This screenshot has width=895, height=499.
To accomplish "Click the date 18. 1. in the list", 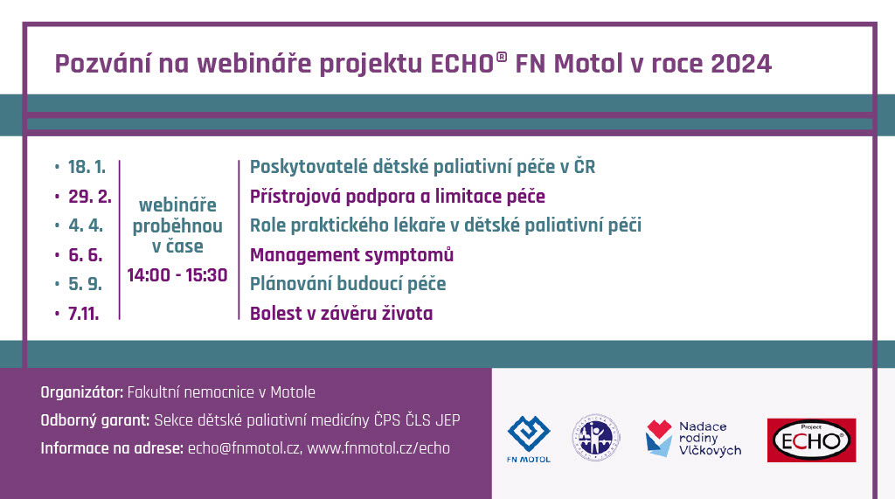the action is coord(87,167).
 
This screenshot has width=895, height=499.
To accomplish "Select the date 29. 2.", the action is coord(90,197).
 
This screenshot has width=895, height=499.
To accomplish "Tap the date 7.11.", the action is coord(83,314).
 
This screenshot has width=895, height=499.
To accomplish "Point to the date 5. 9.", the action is coord(86,284).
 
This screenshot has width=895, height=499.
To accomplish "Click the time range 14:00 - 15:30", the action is coord(177,275).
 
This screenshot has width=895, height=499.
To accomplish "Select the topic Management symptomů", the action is coord(351,254).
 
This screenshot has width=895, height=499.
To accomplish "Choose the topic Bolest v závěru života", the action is coord(342,314).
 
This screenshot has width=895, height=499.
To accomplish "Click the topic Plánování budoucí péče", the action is coord(348,284).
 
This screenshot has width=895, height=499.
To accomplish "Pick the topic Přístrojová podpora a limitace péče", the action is coord(398,197).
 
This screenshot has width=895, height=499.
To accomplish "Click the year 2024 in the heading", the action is coord(741,64).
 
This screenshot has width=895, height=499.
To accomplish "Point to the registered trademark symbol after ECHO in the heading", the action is coord(502,57).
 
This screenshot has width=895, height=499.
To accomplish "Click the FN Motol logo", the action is coord(529,439).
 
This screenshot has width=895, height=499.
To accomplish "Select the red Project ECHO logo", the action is coord(811,440).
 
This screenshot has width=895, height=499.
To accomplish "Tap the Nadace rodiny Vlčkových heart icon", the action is coord(659,438).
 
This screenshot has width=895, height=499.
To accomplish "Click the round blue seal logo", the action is coord(596,438).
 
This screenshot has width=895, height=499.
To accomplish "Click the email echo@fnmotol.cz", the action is coord(244,448).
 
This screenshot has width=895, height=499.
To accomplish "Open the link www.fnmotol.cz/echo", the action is coord(378,448).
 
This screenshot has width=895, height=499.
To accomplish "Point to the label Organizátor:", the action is coord(81,392).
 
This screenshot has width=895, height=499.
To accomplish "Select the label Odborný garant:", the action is coord(94,420).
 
